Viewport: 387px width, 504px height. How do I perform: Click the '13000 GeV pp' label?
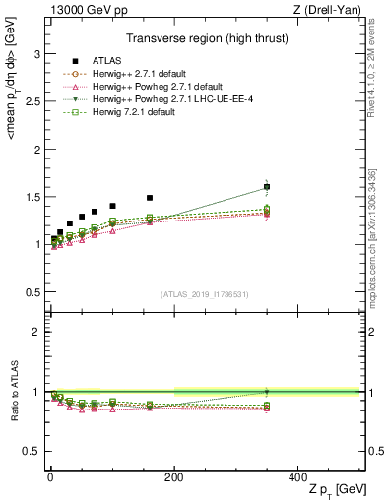[83, 9]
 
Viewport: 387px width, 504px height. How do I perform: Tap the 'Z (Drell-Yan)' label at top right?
[330, 9]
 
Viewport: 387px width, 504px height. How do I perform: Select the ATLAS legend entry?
[100, 61]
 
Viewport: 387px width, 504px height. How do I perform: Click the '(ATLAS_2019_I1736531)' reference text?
[204, 294]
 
